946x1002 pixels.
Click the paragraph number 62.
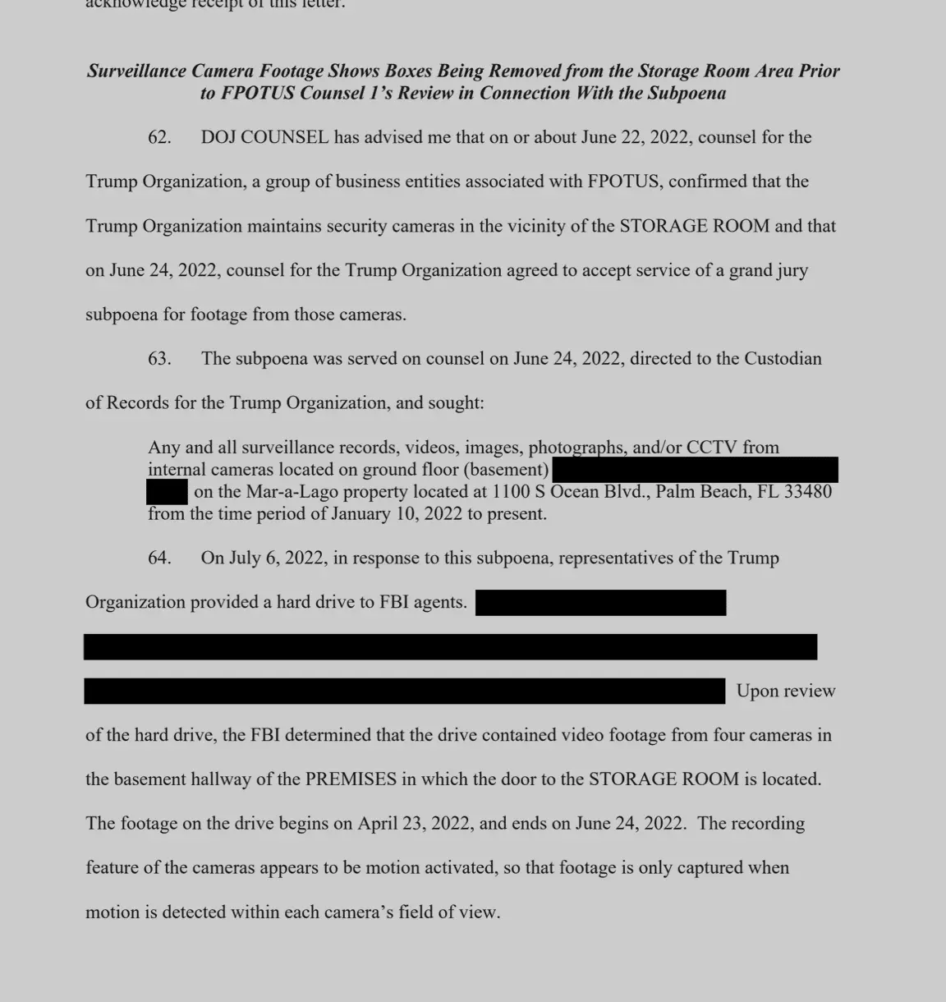point(159,137)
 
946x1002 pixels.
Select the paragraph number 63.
point(159,359)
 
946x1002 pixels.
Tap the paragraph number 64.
point(159,558)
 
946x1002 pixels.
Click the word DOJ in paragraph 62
point(218,137)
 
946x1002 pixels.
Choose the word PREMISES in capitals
point(351,779)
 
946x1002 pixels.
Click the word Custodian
point(783,359)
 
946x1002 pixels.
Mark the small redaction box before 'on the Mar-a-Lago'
point(168,492)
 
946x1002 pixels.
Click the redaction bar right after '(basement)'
point(695,470)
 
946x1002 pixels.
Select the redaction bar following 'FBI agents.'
point(600,603)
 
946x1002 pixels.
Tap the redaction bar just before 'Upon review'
point(404,692)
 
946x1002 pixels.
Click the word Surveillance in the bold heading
point(136,71)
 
